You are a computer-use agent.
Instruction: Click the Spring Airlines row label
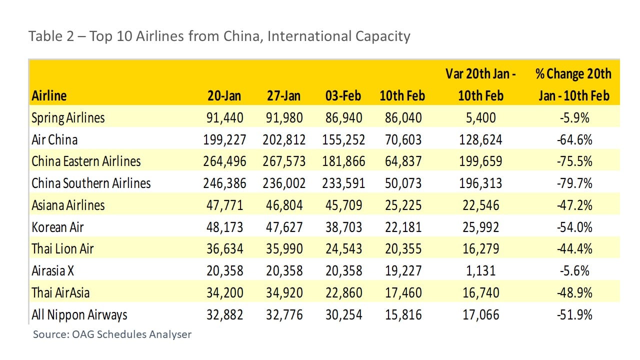pos(68,118)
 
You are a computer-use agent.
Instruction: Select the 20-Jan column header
pos(225,95)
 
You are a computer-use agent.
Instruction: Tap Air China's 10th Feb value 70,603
pos(400,140)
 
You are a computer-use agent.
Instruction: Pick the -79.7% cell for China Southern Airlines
pos(574,183)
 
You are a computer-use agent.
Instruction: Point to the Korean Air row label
pos(57,227)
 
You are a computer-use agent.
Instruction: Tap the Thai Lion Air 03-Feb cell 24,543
pos(343,249)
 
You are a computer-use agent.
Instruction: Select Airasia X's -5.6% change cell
pos(574,271)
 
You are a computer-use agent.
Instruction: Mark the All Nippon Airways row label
pos(79,315)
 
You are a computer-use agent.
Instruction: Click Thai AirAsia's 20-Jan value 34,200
pos(225,293)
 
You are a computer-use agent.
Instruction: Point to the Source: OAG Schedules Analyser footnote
pos(112,334)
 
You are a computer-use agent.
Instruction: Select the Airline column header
pos(49,95)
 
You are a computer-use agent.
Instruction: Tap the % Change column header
pos(573,84)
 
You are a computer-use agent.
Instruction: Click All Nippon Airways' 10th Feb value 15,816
pos(400,315)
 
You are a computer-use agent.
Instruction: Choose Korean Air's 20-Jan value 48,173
pos(225,227)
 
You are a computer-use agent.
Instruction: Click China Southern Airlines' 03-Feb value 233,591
pos(343,183)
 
